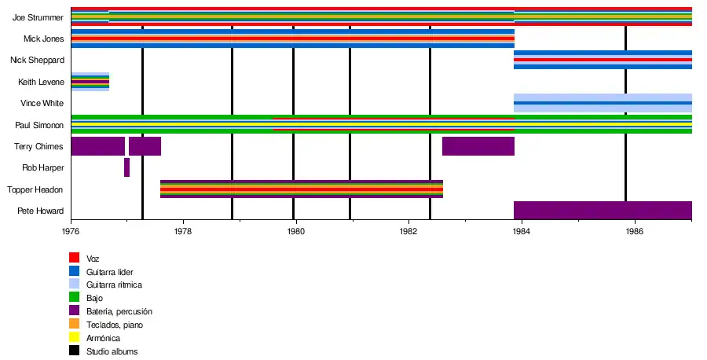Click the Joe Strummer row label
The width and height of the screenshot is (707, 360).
pos(38,17)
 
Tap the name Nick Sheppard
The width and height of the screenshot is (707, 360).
pos(37,60)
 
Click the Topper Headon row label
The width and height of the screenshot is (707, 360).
pos(35,189)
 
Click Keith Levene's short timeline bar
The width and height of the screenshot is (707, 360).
pos(90,82)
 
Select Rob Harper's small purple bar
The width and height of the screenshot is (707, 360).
pos(126,167)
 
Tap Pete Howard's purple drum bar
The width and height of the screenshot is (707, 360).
pos(603,211)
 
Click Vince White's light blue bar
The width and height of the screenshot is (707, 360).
pos(603,103)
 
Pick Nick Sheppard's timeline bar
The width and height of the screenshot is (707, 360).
pos(603,60)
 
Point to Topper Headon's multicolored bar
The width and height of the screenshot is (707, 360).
pos(302,189)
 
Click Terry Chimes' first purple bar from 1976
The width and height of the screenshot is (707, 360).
pos(97,146)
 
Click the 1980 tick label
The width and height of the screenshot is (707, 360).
pos(295,231)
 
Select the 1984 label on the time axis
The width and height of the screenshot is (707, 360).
pos(521,231)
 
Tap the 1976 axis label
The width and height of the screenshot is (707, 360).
pos(71,231)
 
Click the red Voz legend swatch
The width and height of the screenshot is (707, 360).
pos(74,257)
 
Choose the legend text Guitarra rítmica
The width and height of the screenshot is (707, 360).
pos(114,285)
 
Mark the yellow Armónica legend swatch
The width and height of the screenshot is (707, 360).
pos(74,337)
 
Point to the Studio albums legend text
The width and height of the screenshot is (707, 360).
pos(112,351)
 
